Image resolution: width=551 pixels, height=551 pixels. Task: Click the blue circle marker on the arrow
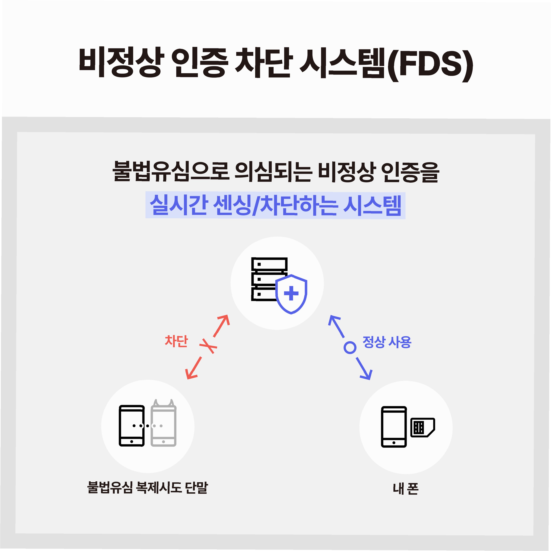click(x=350, y=347)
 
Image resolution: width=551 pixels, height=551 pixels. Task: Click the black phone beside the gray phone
click(x=131, y=426)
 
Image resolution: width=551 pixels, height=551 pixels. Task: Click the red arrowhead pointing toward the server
click(x=224, y=319)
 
